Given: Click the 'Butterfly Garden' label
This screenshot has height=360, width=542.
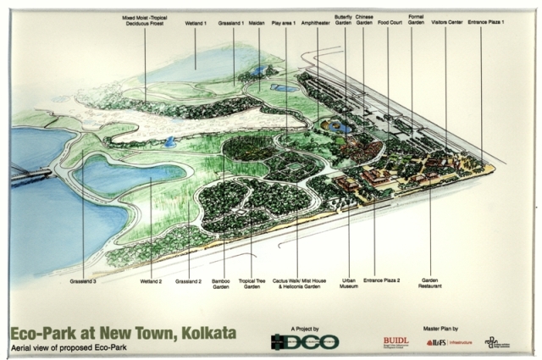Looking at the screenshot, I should pos(344,19).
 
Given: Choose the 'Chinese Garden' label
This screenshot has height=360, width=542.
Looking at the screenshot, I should pos(364,19).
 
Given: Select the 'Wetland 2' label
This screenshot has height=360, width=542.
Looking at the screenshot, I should pos(151,280).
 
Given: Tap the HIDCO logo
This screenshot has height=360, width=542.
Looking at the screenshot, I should pos(305,341).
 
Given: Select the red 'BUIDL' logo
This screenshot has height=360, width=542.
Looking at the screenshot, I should pos(395,341).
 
